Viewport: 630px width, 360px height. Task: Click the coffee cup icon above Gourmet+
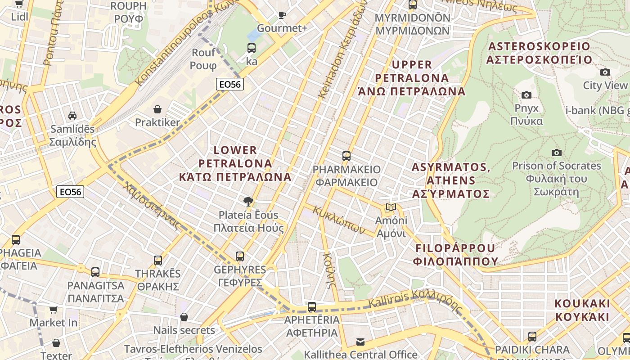click(282, 15)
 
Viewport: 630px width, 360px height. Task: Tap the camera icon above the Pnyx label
click(526, 95)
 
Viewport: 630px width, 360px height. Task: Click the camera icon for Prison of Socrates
click(557, 153)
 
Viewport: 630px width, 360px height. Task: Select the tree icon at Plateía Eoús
click(248, 201)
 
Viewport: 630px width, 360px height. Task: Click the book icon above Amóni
click(391, 207)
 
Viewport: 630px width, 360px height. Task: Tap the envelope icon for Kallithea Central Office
click(360, 342)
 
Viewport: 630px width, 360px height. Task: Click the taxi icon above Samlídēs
click(72, 116)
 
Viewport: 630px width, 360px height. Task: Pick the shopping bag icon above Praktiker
click(157, 109)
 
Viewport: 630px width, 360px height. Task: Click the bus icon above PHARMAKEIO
click(346, 156)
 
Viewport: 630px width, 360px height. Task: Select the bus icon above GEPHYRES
click(240, 256)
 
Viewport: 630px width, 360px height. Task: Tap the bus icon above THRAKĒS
click(158, 260)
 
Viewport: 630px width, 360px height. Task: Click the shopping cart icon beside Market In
click(54, 310)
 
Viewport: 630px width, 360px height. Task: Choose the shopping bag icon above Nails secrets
click(184, 317)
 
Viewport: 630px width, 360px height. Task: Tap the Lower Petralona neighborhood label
click(235, 163)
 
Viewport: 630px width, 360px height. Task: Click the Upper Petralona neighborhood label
click(411, 78)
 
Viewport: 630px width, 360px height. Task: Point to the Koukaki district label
click(582, 310)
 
